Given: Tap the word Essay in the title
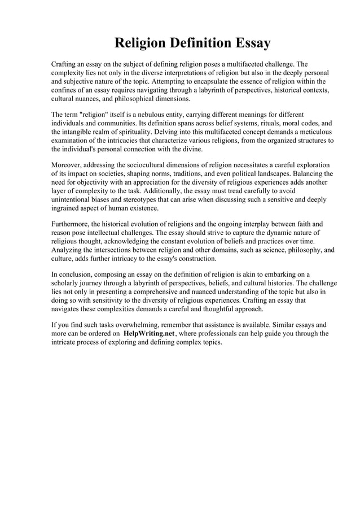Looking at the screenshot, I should (x=251, y=43).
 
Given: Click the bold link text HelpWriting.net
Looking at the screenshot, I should (x=150, y=334).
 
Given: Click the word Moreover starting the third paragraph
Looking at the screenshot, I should (x=66, y=164).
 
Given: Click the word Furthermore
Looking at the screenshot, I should (x=70, y=224).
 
